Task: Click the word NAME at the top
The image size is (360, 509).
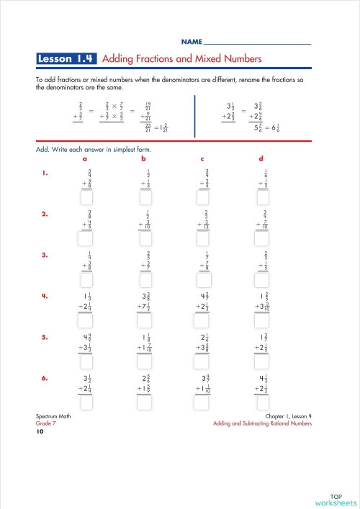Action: click(191, 42)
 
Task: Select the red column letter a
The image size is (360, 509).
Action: click(85, 158)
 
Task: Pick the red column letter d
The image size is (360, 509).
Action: click(261, 158)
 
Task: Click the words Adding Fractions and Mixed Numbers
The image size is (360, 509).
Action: click(182, 58)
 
